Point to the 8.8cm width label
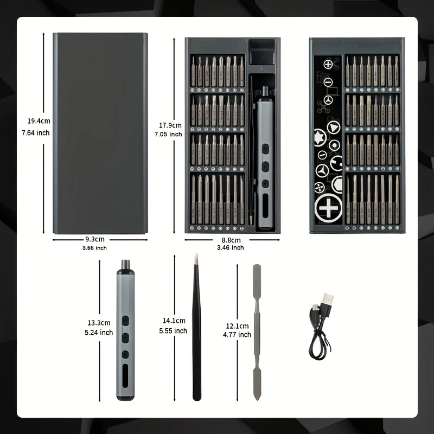tap(230, 239)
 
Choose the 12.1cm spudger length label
tap(238, 326)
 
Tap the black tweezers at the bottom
tap(196, 331)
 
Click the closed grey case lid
tap(100, 133)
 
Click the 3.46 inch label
tap(230, 248)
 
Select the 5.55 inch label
tap(174, 331)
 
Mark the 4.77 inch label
tap(237, 335)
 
